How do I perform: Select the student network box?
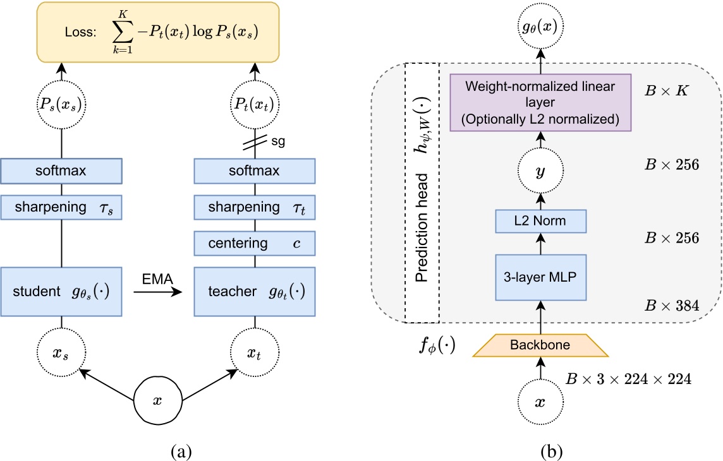coord(61,292)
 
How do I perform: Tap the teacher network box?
coord(255,292)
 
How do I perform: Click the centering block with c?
coord(255,242)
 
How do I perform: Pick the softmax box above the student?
coord(61,171)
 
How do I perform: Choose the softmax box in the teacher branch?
coord(255,171)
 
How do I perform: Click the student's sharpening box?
coord(61,208)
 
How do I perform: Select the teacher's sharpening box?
coord(255,208)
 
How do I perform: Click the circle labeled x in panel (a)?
coord(158,402)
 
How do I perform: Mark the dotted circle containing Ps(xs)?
coord(61,105)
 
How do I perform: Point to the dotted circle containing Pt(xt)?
coord(255,105)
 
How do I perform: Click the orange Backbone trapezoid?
coord(540,345)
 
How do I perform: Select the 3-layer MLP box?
coord(540,277)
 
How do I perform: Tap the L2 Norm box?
coord(540,221)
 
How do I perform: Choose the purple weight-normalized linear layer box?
coord(540,102)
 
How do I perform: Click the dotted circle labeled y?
coord(540,171)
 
